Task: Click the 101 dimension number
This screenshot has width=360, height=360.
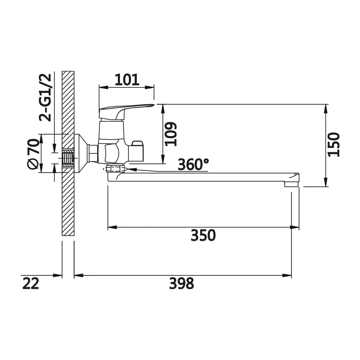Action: (x=127, y=80)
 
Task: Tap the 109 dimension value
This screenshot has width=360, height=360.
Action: (x=171, y=134)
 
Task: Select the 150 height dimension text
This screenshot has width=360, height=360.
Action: (x=334, y=145)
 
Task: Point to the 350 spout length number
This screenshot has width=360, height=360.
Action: (x=203, y=235)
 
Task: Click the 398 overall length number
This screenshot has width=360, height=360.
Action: (x=181, y=283)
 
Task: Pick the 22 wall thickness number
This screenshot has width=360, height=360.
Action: (x=31, y=283)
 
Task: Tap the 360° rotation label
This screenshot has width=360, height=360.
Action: (x=193, y=164)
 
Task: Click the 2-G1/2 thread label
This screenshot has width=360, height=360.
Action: (x=45, y=97)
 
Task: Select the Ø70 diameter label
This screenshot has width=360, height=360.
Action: (x=33, y=154)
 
